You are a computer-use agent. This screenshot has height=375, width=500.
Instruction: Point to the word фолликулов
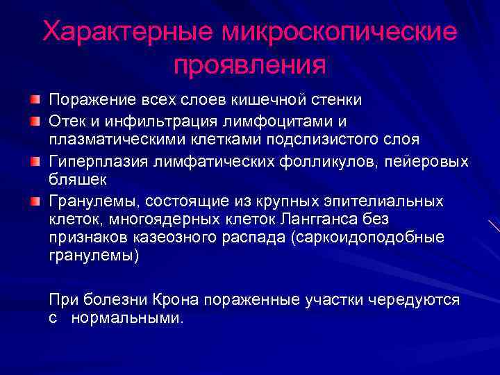click(342, 162)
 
